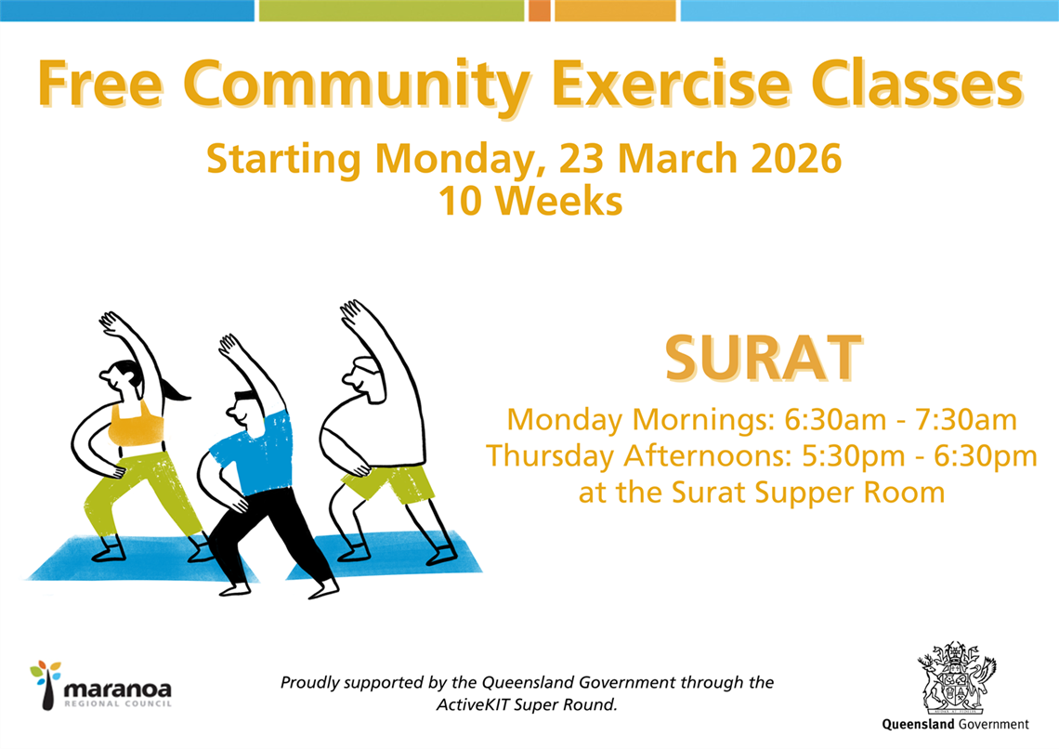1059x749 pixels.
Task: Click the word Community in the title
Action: (358, 85)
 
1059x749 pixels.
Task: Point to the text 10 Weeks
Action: (529, 201)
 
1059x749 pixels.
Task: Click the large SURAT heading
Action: (760, 358)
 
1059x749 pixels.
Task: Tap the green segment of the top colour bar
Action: (391, 10)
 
